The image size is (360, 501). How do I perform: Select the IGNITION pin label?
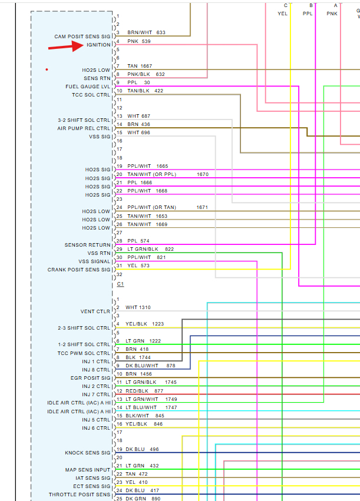click(98, 45)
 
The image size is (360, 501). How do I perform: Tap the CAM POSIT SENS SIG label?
click(82, 37)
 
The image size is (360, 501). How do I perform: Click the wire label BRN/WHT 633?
click(146, 32)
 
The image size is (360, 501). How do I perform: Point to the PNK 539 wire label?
click(138, 41)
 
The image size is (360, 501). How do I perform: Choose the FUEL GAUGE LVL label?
click(88, 87)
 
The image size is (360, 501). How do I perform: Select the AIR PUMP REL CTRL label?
click(84, 128)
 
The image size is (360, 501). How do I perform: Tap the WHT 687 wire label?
click(138, 116)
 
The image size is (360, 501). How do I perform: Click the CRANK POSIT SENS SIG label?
click(79, 270)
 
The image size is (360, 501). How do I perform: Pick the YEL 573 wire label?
click(138, 266)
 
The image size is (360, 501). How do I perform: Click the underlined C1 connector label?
click(120, 284)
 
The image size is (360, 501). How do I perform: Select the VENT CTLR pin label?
click(95, 311)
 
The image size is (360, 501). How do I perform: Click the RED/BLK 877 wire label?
click(144, 391)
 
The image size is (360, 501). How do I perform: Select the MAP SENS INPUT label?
click(88, 470)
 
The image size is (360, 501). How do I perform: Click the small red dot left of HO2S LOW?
click(47, 69)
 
